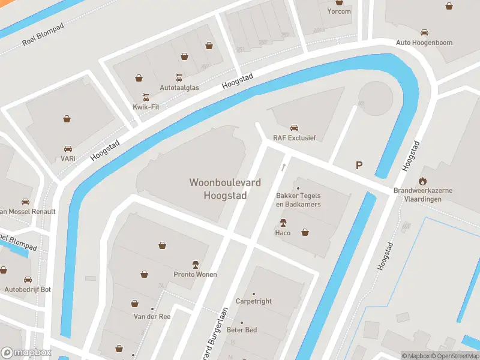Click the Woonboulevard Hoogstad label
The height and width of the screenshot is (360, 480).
(x=218, y=188)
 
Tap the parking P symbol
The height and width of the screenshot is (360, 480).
(x=359, y=166)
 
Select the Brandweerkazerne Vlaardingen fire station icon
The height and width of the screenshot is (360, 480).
(x=422, y=180)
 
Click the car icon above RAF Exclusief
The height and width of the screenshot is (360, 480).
(x=294, y=128)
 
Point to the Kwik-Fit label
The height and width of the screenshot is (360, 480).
(x=145, y=107)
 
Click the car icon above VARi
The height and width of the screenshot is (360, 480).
(x=68, y=149)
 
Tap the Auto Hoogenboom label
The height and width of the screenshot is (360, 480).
(x=424, y=43)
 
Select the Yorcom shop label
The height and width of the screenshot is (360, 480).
(x=338, y=11)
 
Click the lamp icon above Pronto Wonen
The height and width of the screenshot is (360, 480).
(x=195, y=264)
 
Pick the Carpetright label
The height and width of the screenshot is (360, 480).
(x=253, y=301)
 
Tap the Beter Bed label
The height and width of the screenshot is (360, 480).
(x=241, y=330)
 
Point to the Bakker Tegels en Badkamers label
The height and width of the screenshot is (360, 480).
(x=298, y=200)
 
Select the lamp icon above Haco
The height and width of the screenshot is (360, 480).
(x=283, y=223)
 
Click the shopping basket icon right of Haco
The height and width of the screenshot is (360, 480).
(x=305, y=232)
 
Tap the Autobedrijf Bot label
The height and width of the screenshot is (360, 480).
(x=28, y=289)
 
